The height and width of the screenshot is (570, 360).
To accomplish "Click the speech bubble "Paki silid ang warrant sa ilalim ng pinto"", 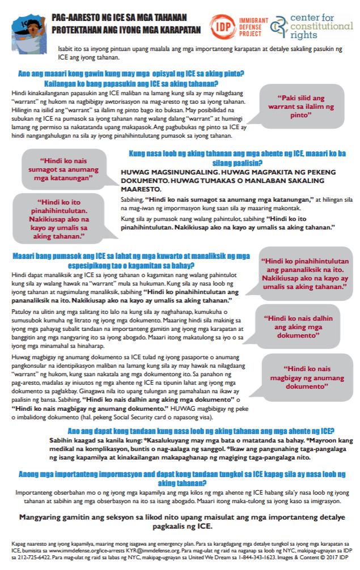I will (x=301, y=105).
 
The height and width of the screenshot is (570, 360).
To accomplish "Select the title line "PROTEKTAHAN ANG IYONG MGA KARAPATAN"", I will (x=125, y=30).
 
